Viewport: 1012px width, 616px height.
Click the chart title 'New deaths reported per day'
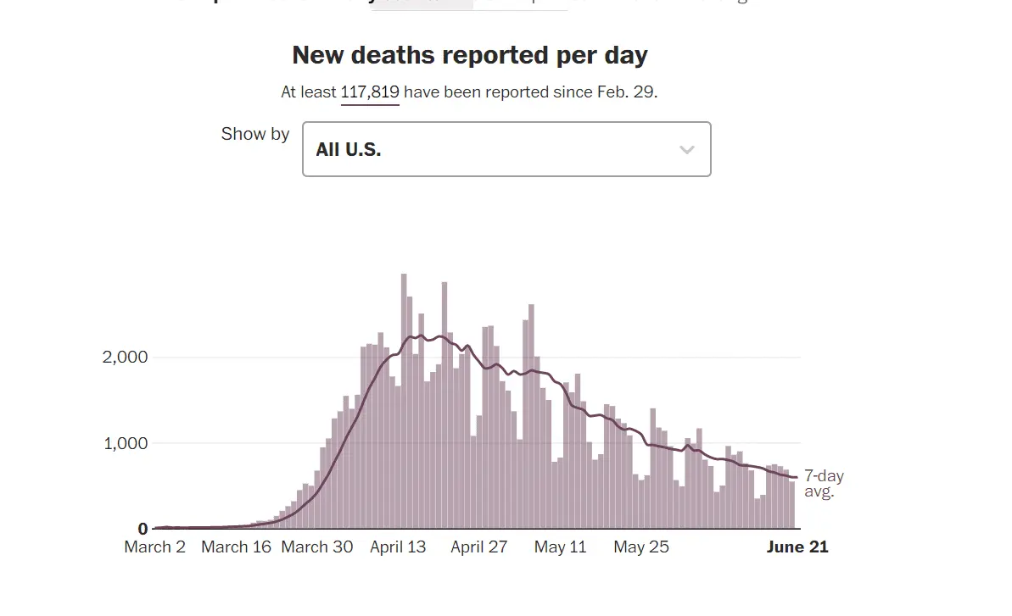pos(469,55)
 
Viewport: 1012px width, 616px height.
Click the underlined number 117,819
pos(370,92)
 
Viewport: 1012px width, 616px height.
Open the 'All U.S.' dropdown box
pos(506,149)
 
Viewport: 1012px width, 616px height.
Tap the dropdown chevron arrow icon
pos(687,150)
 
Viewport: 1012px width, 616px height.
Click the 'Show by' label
pos(255,134)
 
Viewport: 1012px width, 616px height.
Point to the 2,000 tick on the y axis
pos(125,357)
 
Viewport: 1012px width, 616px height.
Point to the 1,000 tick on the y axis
pos(125,443)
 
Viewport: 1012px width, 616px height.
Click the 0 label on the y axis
pos(143,530)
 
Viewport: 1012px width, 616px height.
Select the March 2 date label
pos(154,547)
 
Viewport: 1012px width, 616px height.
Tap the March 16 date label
pos(236,547)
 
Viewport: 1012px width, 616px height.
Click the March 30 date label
pos(316,547)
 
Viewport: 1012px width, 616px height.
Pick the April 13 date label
pos(398,547)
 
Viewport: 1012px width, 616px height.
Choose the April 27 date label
pos(478,547)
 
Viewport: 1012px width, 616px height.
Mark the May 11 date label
pos(560,547)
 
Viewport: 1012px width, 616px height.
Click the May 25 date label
pos(640,547)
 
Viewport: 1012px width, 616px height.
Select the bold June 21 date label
pos(797,547)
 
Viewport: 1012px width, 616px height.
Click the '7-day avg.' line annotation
pos(823,483)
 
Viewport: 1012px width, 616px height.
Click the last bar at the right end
pos(792,505)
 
